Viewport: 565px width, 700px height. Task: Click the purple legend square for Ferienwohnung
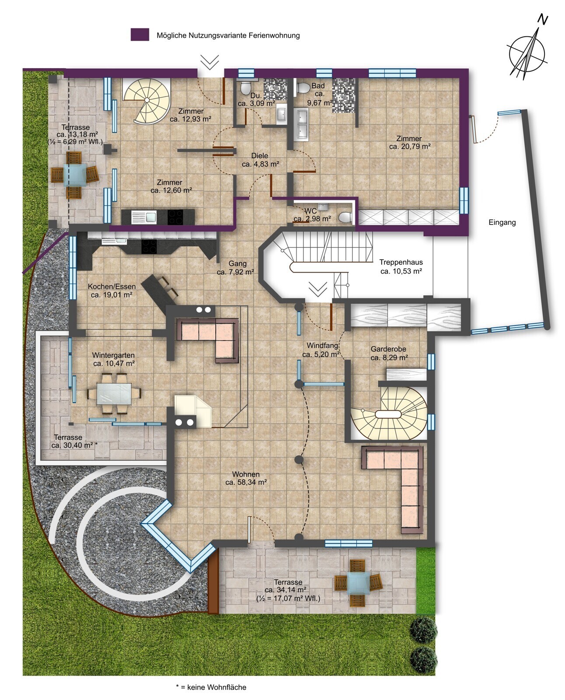140,35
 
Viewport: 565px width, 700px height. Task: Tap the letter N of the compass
543,20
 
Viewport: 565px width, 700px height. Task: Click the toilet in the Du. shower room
245,87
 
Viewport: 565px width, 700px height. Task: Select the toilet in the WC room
345,217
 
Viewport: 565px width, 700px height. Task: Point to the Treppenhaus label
401,262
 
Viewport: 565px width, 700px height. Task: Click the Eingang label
502,223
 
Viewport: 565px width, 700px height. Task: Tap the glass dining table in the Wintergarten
114,393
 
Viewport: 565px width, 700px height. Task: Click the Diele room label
259,156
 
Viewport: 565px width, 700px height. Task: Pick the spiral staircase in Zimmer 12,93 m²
147,100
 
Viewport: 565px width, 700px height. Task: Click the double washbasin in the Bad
302,124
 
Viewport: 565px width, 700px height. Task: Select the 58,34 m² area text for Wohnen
246,483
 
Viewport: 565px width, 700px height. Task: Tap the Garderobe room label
388,349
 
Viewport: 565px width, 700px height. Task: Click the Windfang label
322,346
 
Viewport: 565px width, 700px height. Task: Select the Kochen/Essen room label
112,287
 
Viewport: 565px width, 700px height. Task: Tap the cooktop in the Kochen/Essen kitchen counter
149,246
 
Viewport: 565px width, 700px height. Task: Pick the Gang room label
237,263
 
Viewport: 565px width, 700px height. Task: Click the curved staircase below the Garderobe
389,413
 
